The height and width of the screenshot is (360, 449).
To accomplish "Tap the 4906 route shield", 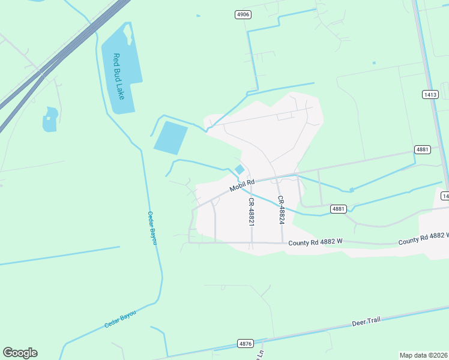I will (x=243, y=14).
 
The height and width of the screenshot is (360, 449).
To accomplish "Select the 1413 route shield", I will (x=430, y=95).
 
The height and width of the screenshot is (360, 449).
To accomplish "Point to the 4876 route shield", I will (x=245, y=343).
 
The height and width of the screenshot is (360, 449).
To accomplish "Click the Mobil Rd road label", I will (x=242, y=185).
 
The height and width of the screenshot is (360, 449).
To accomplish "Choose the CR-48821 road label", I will (x=252, y=212).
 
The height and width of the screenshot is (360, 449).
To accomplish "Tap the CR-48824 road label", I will (x=280, y=210).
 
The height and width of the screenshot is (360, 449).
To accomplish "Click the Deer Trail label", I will (x=366, y=322).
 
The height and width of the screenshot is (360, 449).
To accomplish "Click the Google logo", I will (x=20, y=353).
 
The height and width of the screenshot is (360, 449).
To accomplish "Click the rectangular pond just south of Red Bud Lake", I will (x=170, y=137).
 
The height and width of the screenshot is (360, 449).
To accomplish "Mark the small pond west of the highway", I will (x=50, y=119).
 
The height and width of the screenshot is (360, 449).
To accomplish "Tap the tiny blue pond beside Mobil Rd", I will (x=240, y=170).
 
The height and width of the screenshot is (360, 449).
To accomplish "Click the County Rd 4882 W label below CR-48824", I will (x=315, y=242).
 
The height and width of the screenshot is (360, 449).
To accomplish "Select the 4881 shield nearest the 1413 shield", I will (x=423, y=149).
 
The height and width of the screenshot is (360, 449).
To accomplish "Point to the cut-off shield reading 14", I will (x=445, y=196).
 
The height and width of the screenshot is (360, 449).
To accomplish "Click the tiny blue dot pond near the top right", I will (x=374, y=62).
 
